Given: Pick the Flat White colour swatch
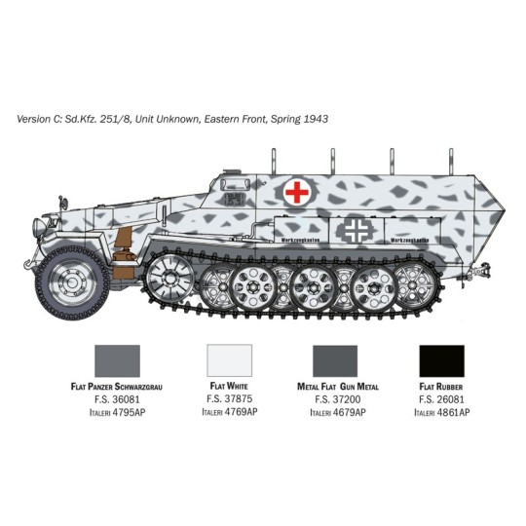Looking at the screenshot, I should coord(230,362).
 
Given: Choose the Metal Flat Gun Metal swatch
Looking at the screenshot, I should coord(334,362).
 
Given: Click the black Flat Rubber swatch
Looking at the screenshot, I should coord(441,362).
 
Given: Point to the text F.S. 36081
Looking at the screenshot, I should coord(116,399).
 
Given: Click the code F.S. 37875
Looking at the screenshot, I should coord(230,399).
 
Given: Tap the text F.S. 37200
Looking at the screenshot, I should coord(335,399).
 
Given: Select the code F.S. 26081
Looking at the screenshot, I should coord(441,399).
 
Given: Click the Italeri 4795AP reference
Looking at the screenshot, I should coord(116,412).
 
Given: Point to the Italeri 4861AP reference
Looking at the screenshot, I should coord(441,412).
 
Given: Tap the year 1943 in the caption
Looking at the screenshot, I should coord(315,119).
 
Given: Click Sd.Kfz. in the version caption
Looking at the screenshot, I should coord(98,119).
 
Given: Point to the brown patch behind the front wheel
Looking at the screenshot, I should coord(122,246).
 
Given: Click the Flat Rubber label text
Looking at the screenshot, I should coord(441,387).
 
